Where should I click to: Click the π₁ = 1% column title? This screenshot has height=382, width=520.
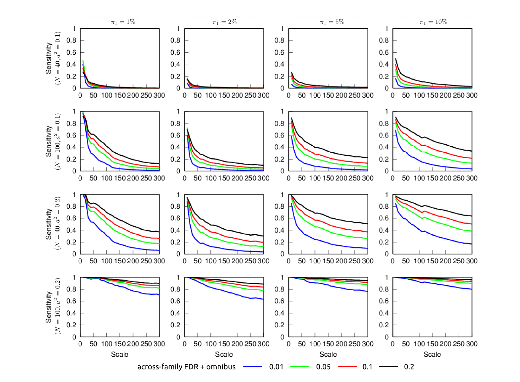pos(123,22)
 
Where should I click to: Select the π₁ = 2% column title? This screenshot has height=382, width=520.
pos(225,22)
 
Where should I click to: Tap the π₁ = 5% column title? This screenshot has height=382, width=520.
pos(332,22)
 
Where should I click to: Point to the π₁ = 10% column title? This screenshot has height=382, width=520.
pos(433,22)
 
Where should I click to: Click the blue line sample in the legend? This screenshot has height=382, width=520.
pos(252,367)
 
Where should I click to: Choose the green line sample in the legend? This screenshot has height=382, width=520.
pos(299,367)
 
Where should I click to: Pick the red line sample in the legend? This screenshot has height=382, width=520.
pos(347,367)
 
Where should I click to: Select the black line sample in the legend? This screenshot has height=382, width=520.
pos(388,367)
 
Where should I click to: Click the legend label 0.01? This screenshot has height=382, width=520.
pos(276,367)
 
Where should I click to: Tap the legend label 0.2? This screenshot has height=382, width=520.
pos(409,367)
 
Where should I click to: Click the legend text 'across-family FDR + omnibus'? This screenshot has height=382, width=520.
pos(187,367)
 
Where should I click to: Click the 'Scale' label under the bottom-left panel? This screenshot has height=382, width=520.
pos(120,354)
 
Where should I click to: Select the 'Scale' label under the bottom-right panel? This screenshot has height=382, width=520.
pos(432,354)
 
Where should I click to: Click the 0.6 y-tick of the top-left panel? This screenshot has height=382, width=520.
pos(71,52)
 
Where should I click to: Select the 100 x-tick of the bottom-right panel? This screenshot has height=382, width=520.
pos(419,344)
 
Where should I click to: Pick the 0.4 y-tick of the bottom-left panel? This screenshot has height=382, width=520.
pos(71,313)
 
